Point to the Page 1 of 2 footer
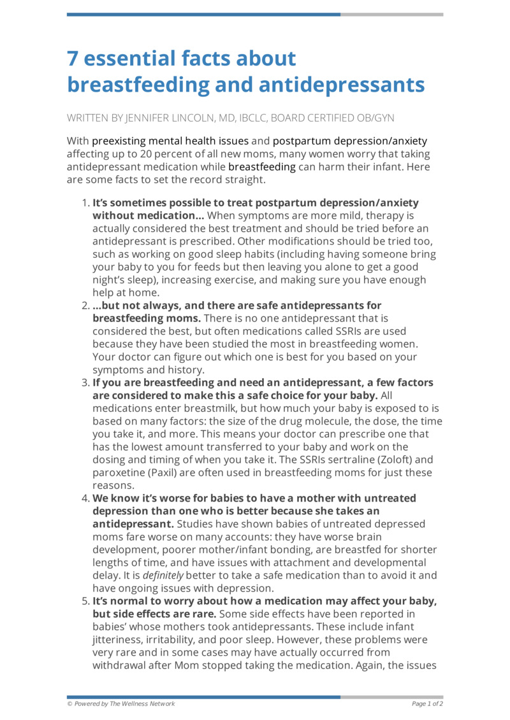(x=427, y=703)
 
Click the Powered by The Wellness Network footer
(x=121, y=703)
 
